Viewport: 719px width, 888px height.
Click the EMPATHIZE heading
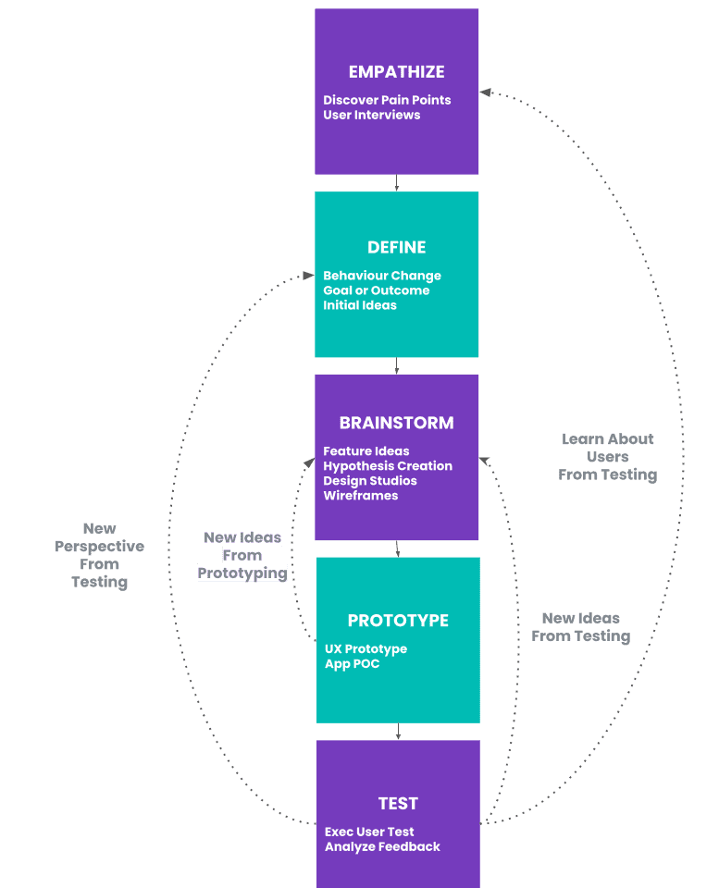click(x=396, y=72)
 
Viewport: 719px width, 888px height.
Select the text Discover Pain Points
click(x=387, y=100)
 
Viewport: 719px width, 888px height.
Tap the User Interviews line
click(x=371, y=115)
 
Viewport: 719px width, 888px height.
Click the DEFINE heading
click(x=396, y=247)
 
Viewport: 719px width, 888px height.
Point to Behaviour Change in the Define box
click(x=382, y=276)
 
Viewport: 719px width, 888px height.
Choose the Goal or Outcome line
click(x=376, y=290)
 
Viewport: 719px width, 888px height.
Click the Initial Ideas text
click(x=359, y=305)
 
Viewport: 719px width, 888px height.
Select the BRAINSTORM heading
click(x=396, y=423)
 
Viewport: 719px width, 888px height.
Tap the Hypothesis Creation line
click(x=388, y=466)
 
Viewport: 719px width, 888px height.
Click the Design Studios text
click(x=369, y=481)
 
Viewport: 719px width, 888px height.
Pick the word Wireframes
click(x=360, y=496)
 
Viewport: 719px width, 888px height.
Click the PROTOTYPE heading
click(x=398, y=621)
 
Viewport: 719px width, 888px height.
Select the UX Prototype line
click(x=366, y=649)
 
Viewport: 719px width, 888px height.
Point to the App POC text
click(x=352, y=664)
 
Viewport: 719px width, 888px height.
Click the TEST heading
click(x=398, y=804)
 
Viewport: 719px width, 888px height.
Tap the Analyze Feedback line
click(x=382, y=846)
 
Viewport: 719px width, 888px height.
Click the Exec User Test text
click(x=369, y=832)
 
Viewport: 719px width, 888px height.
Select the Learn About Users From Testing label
click(x=607, y=457)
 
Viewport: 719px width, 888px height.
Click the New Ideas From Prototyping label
click(x=242, y=555)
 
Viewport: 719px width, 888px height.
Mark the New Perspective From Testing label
click(x=99, y=555)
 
